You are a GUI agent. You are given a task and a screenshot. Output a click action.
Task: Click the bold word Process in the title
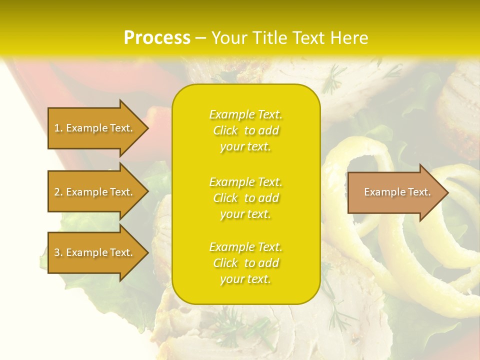(157, 38)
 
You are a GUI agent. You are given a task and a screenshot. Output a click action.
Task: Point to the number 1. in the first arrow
(58, 128)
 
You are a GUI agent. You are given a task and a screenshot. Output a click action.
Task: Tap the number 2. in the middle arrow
(58, 192)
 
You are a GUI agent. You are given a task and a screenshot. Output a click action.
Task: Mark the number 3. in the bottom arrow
(58, 252)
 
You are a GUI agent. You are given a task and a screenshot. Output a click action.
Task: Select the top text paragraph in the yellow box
(245, 130)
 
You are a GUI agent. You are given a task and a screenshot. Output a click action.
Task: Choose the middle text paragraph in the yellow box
(245, 198)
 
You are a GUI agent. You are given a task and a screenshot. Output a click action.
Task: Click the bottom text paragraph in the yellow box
(245, 263)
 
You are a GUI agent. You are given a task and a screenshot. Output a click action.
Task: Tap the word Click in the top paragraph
(225, 130)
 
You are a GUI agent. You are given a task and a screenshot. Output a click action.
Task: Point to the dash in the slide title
(200, 38)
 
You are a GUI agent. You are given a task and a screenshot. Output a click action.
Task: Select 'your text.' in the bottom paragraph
(245, 279)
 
